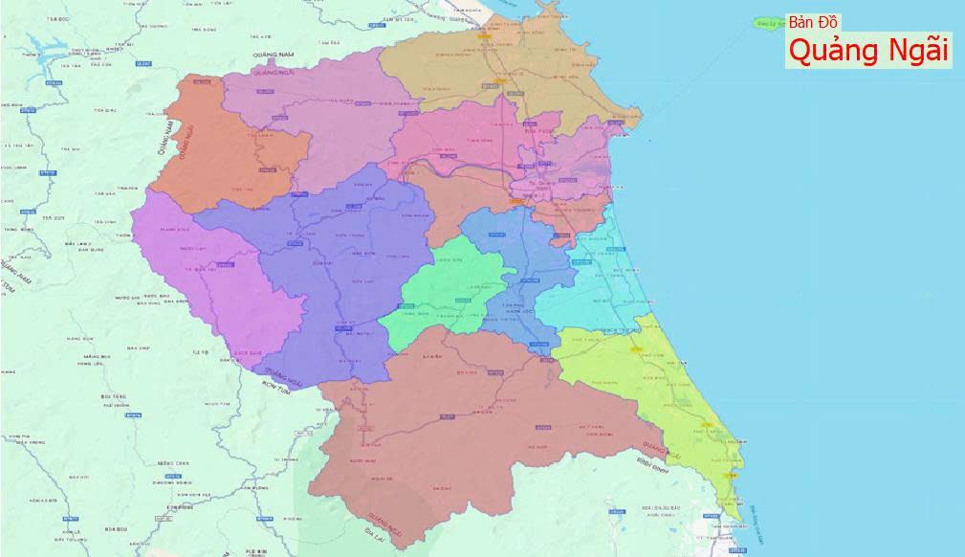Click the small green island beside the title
click(766, 21)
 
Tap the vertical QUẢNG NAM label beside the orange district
click(164, 138)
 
